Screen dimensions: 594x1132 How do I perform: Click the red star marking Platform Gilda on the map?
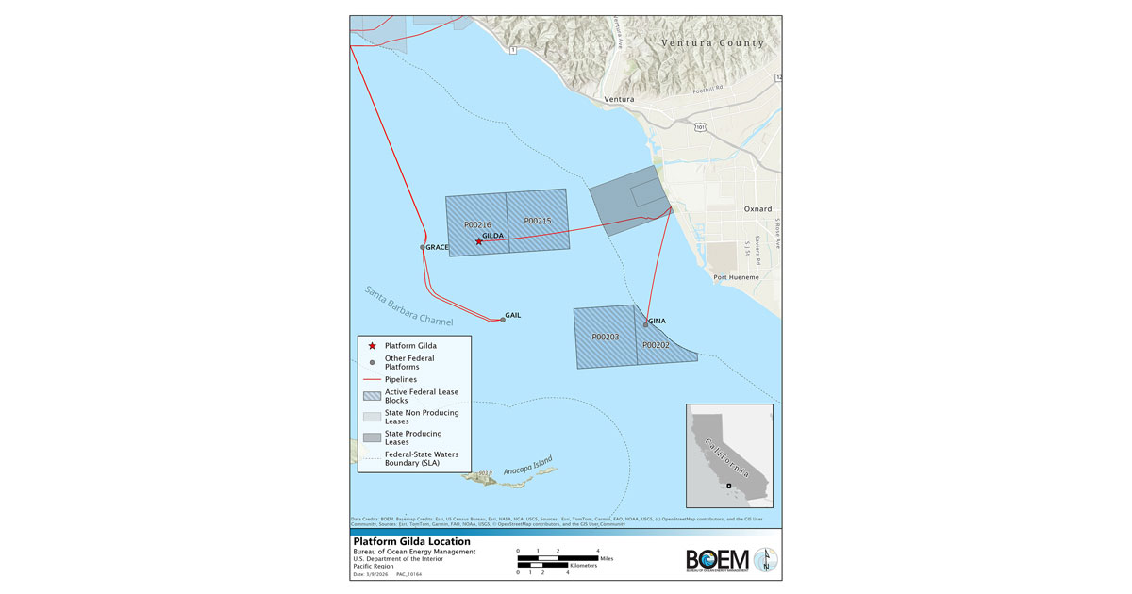click(x=479, y=241)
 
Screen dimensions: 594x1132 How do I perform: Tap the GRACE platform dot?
click(x=423, y=248)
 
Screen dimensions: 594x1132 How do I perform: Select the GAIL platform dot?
click(x=503, y=320)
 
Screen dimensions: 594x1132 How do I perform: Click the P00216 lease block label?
click(x=477, y=225)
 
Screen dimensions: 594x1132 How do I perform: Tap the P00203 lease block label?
click(x=605, y=337)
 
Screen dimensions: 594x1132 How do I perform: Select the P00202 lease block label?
click(x=656, y=345)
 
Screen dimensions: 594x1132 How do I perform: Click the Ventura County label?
click(x=712, y=43)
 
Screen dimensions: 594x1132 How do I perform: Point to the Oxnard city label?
click(x=758, y=209)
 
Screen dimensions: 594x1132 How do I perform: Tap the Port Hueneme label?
click(x=737, y=277)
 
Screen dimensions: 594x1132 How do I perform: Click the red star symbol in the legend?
click(x=373, y=347)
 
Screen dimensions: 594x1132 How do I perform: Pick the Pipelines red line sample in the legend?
click(x=373, y=379)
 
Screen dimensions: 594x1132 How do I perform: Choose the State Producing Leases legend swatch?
click(x=373, y=437)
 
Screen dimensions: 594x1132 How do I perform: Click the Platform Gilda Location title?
click(x=410, y=542)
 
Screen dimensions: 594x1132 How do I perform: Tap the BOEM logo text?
click(x=717, y=559)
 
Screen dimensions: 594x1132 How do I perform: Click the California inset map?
click(x=729, y=455)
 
